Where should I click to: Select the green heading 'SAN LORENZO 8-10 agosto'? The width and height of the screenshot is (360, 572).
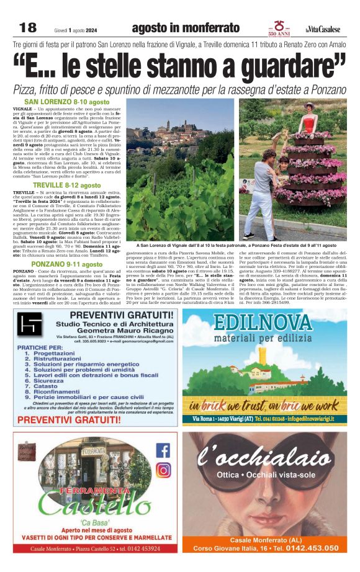pos(66,102)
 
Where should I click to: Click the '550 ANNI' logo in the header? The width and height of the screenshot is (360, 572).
pos(274,27)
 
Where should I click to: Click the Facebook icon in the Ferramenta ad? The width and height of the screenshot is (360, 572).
pos(163,451)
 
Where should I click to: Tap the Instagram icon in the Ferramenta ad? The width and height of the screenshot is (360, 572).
pos(163,470)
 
